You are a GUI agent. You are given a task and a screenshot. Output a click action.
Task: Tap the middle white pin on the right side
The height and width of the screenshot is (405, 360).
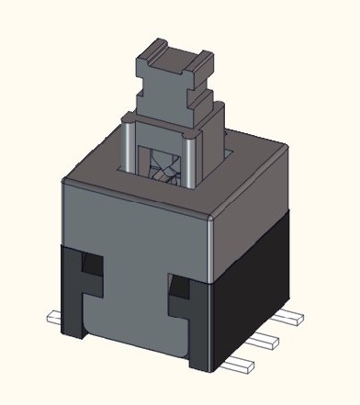(264, 340)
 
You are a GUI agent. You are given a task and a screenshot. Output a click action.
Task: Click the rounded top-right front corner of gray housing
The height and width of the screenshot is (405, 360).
(213, 215)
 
